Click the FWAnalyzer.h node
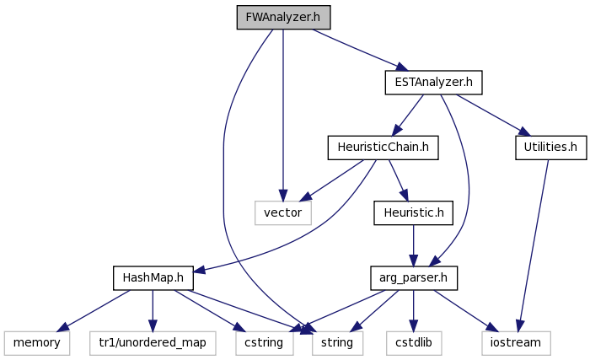[283, 18]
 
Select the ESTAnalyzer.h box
[433, 82]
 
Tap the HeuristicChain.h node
[383, 148]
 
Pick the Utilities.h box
[551, 148]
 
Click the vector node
[283, 212]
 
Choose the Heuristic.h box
[414, 212]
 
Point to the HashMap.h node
[153, 278]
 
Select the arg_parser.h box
[414, 278]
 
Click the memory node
[37, 342]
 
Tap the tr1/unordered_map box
[153, 342]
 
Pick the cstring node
[264, 342]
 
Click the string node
[337, 342]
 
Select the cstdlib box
[414, 342]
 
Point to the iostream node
[516, 342]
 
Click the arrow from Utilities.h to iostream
[534, 245]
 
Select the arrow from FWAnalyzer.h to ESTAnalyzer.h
[360, 50]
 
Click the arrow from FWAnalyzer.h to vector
[283, 116]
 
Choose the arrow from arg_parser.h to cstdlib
[414, 311]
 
